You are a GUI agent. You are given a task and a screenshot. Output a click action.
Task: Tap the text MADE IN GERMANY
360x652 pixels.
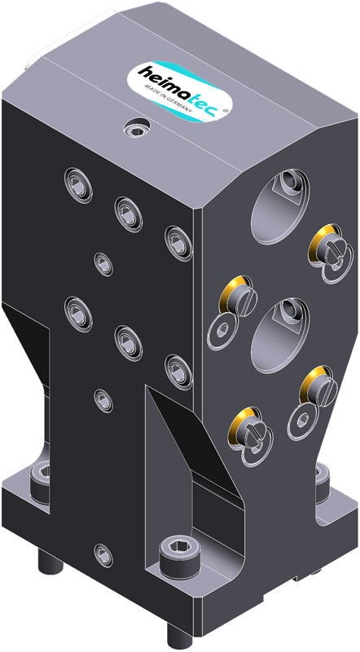tap(168, 99)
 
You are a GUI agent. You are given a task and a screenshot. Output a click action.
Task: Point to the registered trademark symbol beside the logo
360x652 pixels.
tap(226, 111)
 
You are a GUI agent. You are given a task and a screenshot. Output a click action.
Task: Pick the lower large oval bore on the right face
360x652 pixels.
tap(281, 335)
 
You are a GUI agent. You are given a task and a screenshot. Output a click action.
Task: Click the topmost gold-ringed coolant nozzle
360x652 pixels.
tap(324, 245)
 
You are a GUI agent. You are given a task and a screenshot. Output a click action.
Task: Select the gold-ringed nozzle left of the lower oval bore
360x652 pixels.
tap(238, 297)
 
